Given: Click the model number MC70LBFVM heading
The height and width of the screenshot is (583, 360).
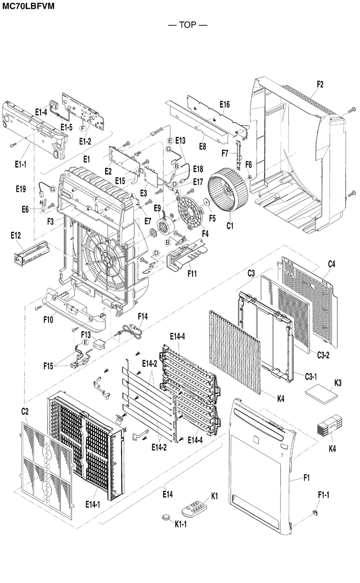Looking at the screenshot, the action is pos(29,6).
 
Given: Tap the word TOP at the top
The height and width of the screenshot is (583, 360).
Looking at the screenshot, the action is pos(187,25).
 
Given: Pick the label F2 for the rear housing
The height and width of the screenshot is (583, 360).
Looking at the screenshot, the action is pos(320,84).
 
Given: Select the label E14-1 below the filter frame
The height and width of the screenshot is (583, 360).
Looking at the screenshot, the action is pos(93,504).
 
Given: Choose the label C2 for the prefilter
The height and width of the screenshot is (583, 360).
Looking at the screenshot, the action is pos(25,411).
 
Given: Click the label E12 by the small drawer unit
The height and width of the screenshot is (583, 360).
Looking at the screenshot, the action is pos(15,235).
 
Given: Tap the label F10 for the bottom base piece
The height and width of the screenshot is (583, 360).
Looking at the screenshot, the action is pos(48,320).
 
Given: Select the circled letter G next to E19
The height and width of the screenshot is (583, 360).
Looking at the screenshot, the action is pos(52,189).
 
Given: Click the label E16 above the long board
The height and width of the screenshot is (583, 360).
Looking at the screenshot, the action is pos(224,104).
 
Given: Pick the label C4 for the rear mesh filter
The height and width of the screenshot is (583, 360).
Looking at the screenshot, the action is pos(331,265).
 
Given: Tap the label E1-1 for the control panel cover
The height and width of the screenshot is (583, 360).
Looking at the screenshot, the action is pos(20,164).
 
